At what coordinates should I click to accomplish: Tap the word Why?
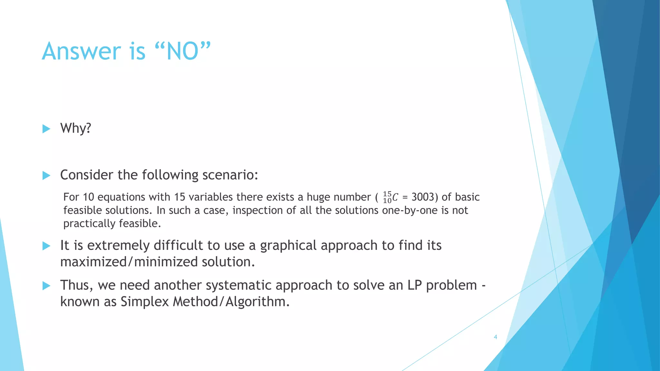[76, 128]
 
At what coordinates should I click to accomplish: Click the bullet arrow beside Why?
[46, 129]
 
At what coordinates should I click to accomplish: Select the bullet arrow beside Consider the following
[46, 176]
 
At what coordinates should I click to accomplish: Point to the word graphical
[288, 246]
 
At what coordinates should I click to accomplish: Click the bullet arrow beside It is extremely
[46, 246]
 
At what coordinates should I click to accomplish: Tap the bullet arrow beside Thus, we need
[46, 286]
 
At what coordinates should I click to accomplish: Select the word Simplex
[145, 302]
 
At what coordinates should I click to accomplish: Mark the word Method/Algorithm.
[231, 302]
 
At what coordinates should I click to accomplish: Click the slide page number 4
[495, 337]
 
